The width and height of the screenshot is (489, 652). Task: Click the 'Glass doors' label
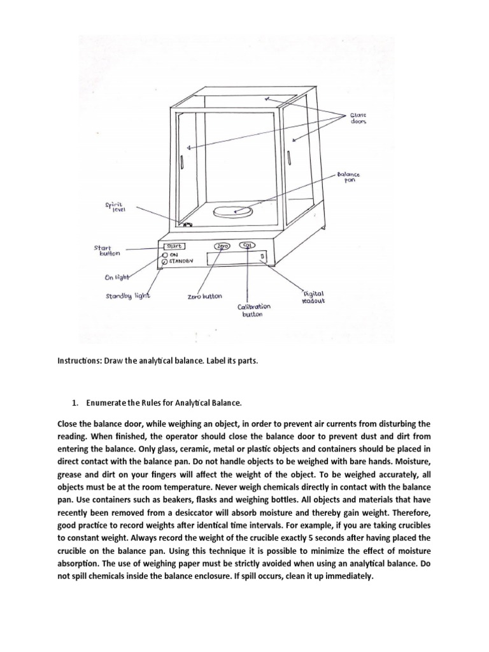point(358,118)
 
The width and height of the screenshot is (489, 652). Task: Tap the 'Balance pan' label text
point(348,176)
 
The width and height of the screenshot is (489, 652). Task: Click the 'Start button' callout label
point(106,250)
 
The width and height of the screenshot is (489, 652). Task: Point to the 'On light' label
point(117,277)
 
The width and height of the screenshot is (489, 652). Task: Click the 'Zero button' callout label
point(205,297)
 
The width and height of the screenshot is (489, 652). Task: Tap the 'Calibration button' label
point(254,311)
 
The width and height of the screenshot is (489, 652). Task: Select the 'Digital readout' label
point(313,297)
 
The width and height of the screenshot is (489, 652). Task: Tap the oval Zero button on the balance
point(222,246)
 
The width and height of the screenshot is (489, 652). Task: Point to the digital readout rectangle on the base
point(236,257)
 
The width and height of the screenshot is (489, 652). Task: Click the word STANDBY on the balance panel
point(182,261)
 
